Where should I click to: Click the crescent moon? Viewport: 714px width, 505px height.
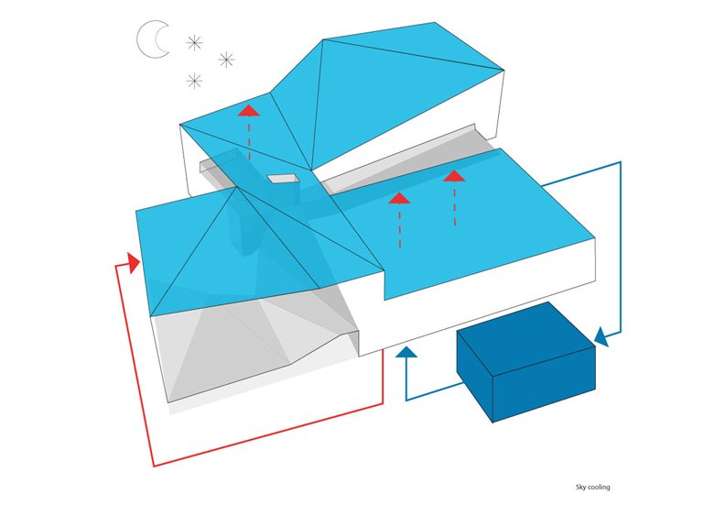[x=153, y=39]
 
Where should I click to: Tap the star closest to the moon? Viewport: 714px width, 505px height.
[x=194, y=43]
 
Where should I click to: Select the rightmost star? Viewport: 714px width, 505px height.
[x=226, y=60]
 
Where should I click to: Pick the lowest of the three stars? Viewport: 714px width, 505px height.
[x=194, y=82]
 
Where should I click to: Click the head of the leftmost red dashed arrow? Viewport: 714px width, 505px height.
[x=249, y=110]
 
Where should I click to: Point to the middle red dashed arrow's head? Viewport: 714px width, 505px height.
[x=399, y=198]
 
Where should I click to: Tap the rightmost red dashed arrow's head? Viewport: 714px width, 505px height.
[x=454, y=176]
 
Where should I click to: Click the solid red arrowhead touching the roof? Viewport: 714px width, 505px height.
[x=134, y=263]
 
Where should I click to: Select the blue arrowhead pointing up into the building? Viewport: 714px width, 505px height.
[x=406, y=351]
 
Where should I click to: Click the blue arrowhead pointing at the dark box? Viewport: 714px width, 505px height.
[x=602, y=336]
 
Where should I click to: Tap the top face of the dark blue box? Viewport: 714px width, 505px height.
[x=526, y=338]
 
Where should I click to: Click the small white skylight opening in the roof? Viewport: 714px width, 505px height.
[x=283, y=178]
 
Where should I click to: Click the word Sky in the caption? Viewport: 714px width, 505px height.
[x=580, y=488]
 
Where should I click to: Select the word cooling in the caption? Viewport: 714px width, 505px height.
[x=599, y=488]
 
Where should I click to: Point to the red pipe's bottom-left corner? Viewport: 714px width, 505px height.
[x=154, y=466]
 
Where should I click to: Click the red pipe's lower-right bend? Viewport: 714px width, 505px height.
[x=383, y=404]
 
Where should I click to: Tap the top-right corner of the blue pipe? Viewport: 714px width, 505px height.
[x=621, y=162]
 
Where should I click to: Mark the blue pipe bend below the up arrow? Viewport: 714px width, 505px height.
[x=406, y=401]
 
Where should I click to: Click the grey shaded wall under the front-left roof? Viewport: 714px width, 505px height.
[x=228, y=351]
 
